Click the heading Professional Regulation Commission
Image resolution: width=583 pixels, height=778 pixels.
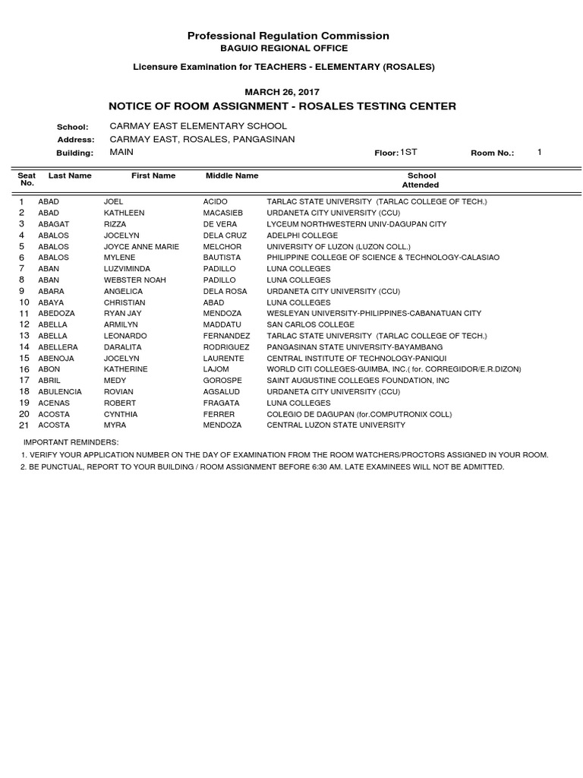(x=288, y=36)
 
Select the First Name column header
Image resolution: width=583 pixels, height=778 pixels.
(x=153, y=176)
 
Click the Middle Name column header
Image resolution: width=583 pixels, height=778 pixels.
(x=232, y=176)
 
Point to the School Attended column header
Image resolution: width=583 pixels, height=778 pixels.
(x=421, y=180)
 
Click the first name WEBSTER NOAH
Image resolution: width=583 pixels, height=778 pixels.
(x=134, y=280)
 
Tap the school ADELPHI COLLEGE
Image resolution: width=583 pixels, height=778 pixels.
(x=302, y=236)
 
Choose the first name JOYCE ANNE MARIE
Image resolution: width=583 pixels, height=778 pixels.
(x=140, y=247)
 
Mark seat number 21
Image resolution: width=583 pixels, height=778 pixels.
(x=24, y=425)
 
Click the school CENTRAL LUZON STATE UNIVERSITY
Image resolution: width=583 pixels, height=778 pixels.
(x=336, y=425)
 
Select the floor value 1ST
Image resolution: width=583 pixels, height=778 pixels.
(x=409, y=153)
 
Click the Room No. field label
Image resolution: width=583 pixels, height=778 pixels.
(x=492, y=153)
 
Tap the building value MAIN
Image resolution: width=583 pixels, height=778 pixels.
(x=121, y=153)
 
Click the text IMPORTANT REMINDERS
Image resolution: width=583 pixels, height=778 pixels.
(x=71, y=441)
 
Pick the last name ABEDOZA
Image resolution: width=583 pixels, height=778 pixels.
(x=56, y=313)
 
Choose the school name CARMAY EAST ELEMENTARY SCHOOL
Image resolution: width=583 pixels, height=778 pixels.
(x=198, y=125)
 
